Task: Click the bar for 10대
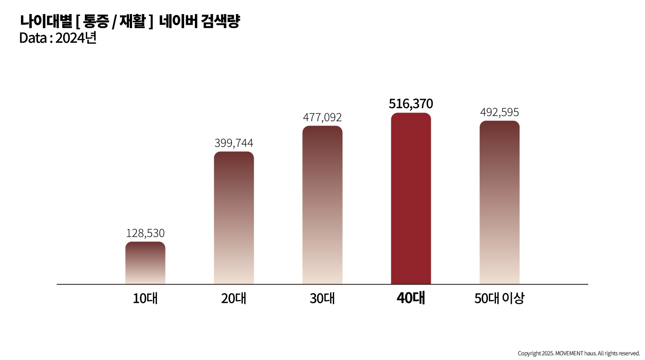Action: [145, 263]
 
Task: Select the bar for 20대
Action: [234, 218]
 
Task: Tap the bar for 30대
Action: [322, 205]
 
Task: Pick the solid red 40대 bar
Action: [411, 199]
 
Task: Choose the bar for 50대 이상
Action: [499, 202]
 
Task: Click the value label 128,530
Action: [145, 233]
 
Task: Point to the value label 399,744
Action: [234, 143]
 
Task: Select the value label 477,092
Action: [322, 117]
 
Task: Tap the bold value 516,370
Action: [411, 104]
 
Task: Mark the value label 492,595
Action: [499, 112]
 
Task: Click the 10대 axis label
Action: [145, 299]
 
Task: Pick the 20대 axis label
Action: [234, 299]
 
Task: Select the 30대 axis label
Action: [322, 299]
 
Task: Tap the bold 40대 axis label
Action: [411, 299]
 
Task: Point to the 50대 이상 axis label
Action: [499, 299]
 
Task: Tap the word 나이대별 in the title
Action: [46, 22]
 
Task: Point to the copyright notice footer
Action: [578, 353]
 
